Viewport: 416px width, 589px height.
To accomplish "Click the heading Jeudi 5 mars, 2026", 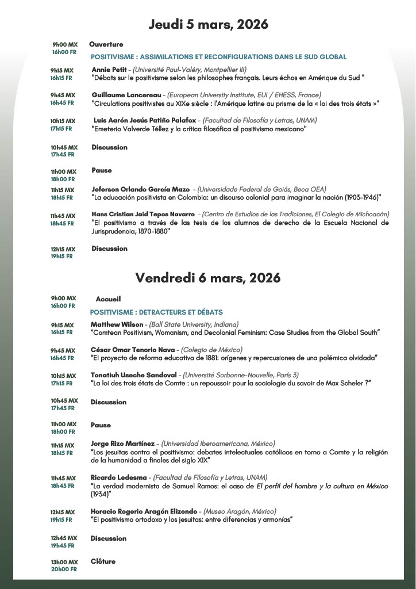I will coord(208,25).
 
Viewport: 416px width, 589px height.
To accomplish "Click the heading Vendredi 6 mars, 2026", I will coord(208,278).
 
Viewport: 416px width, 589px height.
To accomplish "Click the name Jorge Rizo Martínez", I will coord(123,443).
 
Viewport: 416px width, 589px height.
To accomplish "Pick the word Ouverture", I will coord(106,44).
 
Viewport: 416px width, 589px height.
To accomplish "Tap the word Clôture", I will coord(103,561).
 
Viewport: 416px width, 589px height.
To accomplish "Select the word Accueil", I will coord(108,299).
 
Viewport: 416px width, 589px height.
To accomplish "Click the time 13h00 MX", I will coord(64,562).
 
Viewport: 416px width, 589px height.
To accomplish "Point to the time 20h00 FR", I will coord(63,569).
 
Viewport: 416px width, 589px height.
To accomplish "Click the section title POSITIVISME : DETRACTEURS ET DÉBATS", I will coord(156,312).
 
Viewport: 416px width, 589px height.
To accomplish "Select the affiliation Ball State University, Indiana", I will coord(194,324).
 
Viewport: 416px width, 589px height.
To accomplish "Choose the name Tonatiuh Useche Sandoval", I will coord(133,375).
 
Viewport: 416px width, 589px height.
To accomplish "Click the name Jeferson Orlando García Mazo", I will coord(140,189).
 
